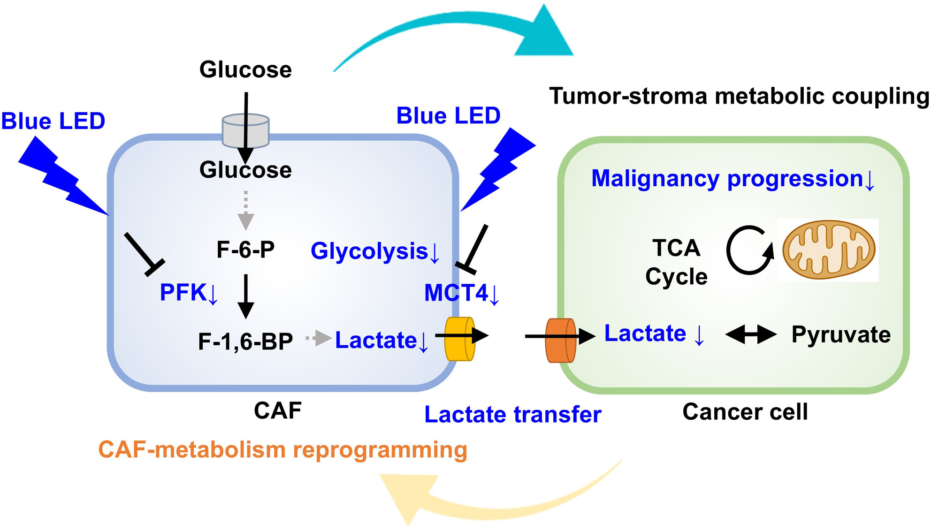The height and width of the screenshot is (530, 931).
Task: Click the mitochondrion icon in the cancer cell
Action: [x=829, y=250]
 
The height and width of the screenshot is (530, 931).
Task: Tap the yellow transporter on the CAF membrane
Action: [x=459, y=339]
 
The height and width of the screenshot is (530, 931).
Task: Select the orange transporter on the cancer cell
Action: [x=561, y=341]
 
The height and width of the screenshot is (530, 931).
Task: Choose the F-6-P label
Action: [x=245, y=250]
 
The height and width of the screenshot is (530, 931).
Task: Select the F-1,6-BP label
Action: [x=245, y=341]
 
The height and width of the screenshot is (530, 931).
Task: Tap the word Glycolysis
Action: [x=369, y=251]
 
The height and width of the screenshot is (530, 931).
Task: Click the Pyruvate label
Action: [x=841, y=335]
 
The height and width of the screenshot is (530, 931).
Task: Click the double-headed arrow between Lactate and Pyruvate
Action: [x=751, y=334]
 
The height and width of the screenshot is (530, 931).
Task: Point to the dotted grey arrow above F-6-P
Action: [x=245, y=210]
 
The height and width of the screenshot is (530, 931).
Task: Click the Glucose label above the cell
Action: [x=245, y=70]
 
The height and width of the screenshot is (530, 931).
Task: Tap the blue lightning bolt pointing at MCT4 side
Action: [x=498, y=170]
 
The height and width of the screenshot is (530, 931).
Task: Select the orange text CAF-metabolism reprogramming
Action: [x=282, y=450]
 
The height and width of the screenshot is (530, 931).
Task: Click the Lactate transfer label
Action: [x=512, y=415]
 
